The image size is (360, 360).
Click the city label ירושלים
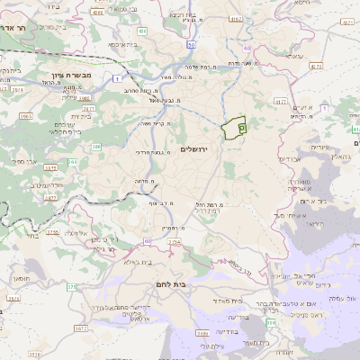[194, 149]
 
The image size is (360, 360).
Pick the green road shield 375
[71, 287]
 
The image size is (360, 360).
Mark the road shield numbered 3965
[26, 116]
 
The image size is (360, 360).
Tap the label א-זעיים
[301, 108]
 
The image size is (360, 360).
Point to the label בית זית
[82, 116]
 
